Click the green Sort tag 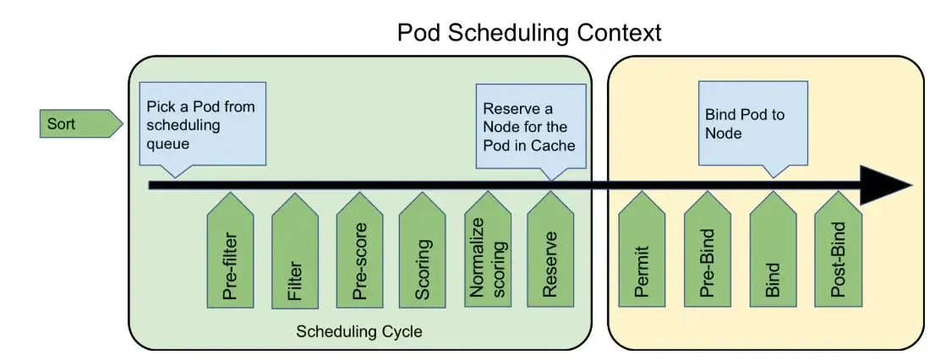pos(81,123)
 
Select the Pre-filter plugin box pos(231,250)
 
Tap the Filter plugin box pos(295,250)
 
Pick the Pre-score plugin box pos(359,250)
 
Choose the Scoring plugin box pos(423,250)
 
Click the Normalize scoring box pos(488,250)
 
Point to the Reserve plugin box pos(550,250)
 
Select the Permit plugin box pos(642,249)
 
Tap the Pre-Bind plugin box pos(708,249)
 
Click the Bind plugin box pos(773,249)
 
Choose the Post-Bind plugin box pos(838,249)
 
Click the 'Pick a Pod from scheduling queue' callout pos(203,123)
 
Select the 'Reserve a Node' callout pos(531,127)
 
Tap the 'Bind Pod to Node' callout pos(753,123)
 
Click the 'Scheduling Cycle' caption pos(359,331)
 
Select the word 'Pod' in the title pos(418,33)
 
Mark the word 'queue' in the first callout pos(168,145)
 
